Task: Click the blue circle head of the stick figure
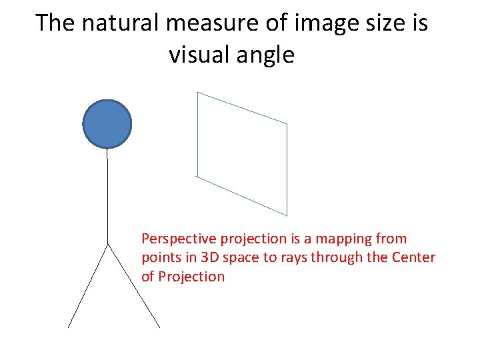tap(107, 123)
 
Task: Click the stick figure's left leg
tap(88, 285)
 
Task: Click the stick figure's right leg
tap(133, 285)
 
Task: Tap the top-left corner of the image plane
tap(198, 93)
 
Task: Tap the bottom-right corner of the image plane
tap(287, 215)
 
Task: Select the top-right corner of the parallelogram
tap(287, 124)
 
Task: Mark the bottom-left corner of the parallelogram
tap(197, 176)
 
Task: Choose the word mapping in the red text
tap(345, 239)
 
